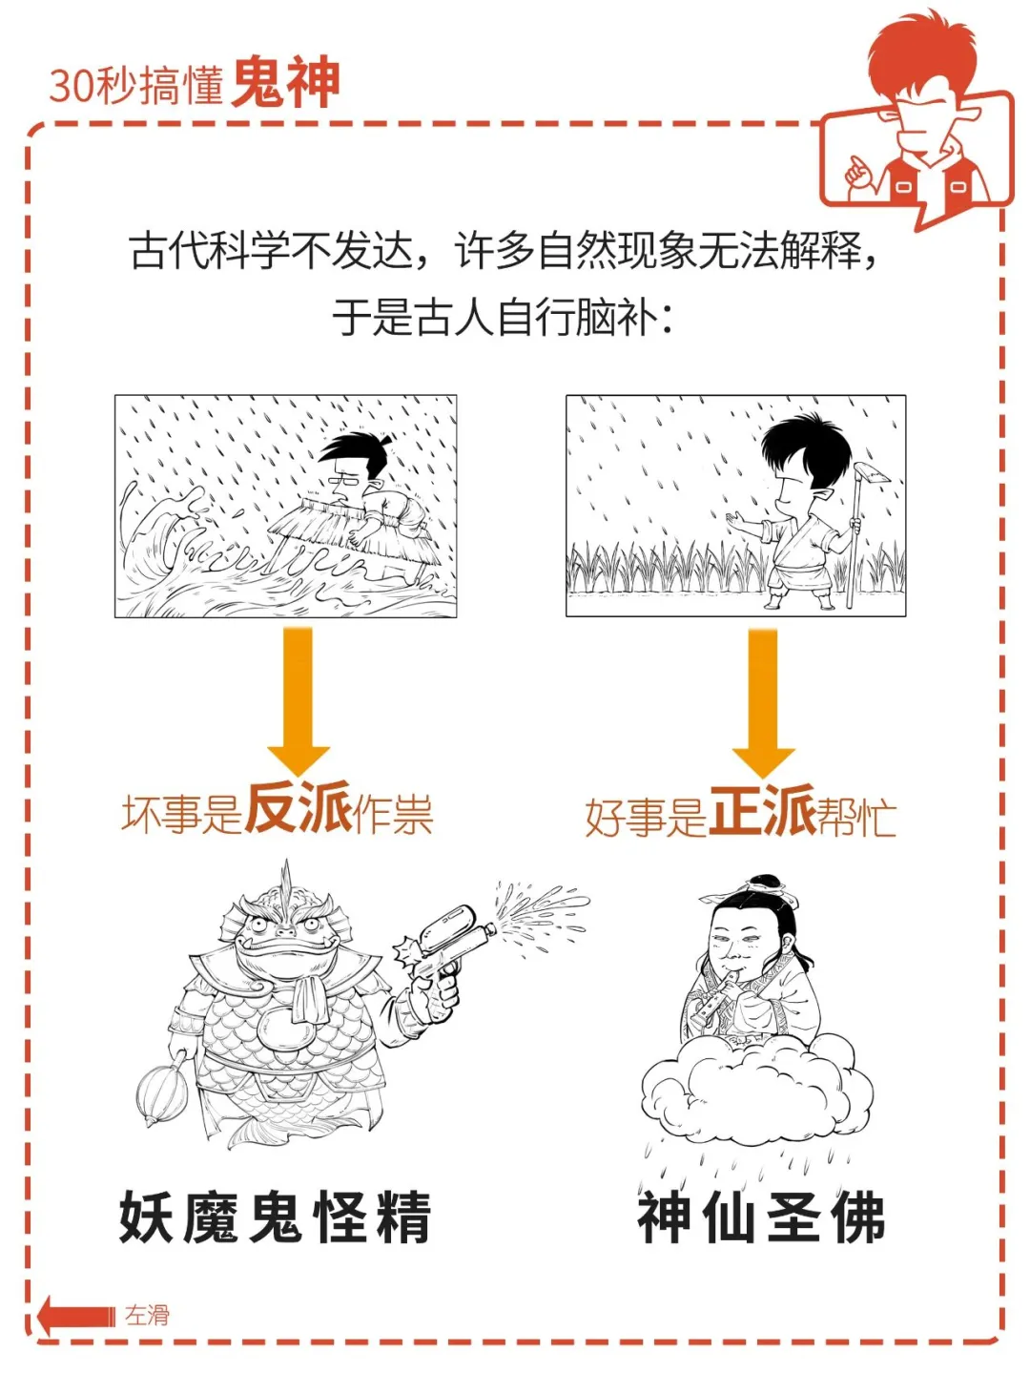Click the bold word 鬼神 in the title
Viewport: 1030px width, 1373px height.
pos(285,83)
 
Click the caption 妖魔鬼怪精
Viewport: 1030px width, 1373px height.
pos(275,1217)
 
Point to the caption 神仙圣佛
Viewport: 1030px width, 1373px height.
pos(761,1217)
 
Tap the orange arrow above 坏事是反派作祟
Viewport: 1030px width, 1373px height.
pos(299,700)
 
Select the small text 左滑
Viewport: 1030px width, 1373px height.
pos(148,1315)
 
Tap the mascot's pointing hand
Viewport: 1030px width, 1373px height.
pos(858,170)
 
